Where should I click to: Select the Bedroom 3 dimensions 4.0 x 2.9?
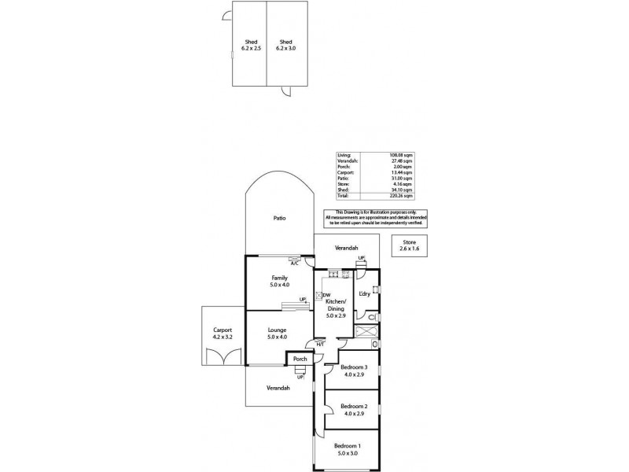click(x=351, y=374)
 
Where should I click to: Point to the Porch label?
click(x=300, y=359)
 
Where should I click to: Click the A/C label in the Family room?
click(x=294, y=264)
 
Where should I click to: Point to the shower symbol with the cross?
click(x=364, y=331)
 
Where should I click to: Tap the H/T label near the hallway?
click(x=319, y=344)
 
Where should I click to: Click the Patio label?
click(x=278, y=218)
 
